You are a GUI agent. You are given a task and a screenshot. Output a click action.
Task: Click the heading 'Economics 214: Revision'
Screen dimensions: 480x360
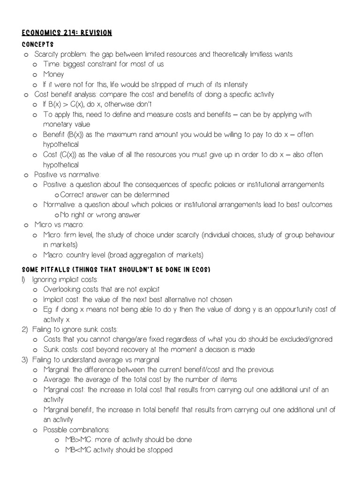point(67,32)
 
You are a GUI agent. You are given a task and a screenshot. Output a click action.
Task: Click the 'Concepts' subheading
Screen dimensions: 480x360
point(37,44)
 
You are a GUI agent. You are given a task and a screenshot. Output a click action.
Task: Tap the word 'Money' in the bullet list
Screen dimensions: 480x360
point(53,74)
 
